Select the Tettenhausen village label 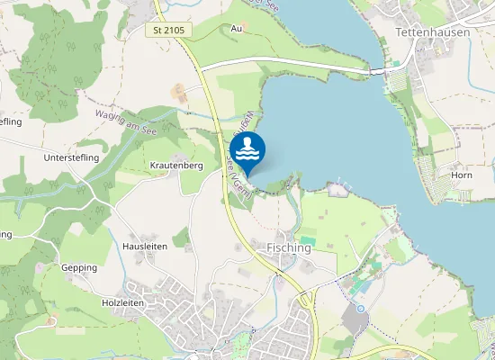click(432, 31)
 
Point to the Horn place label click(462, 175)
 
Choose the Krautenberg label click(176, 166)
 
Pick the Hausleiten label click(144, 246)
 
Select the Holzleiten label click(123, 303)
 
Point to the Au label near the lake click(237, 29)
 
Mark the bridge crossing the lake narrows click(379, 68)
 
